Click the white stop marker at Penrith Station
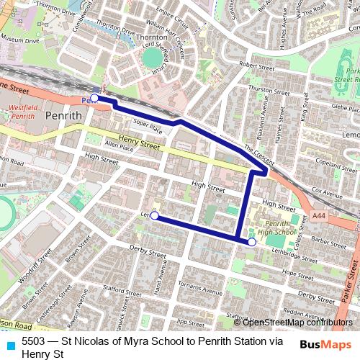[x=94, y=98]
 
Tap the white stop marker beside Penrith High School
[x=251, y=243]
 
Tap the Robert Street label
[x=258, y=66]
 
